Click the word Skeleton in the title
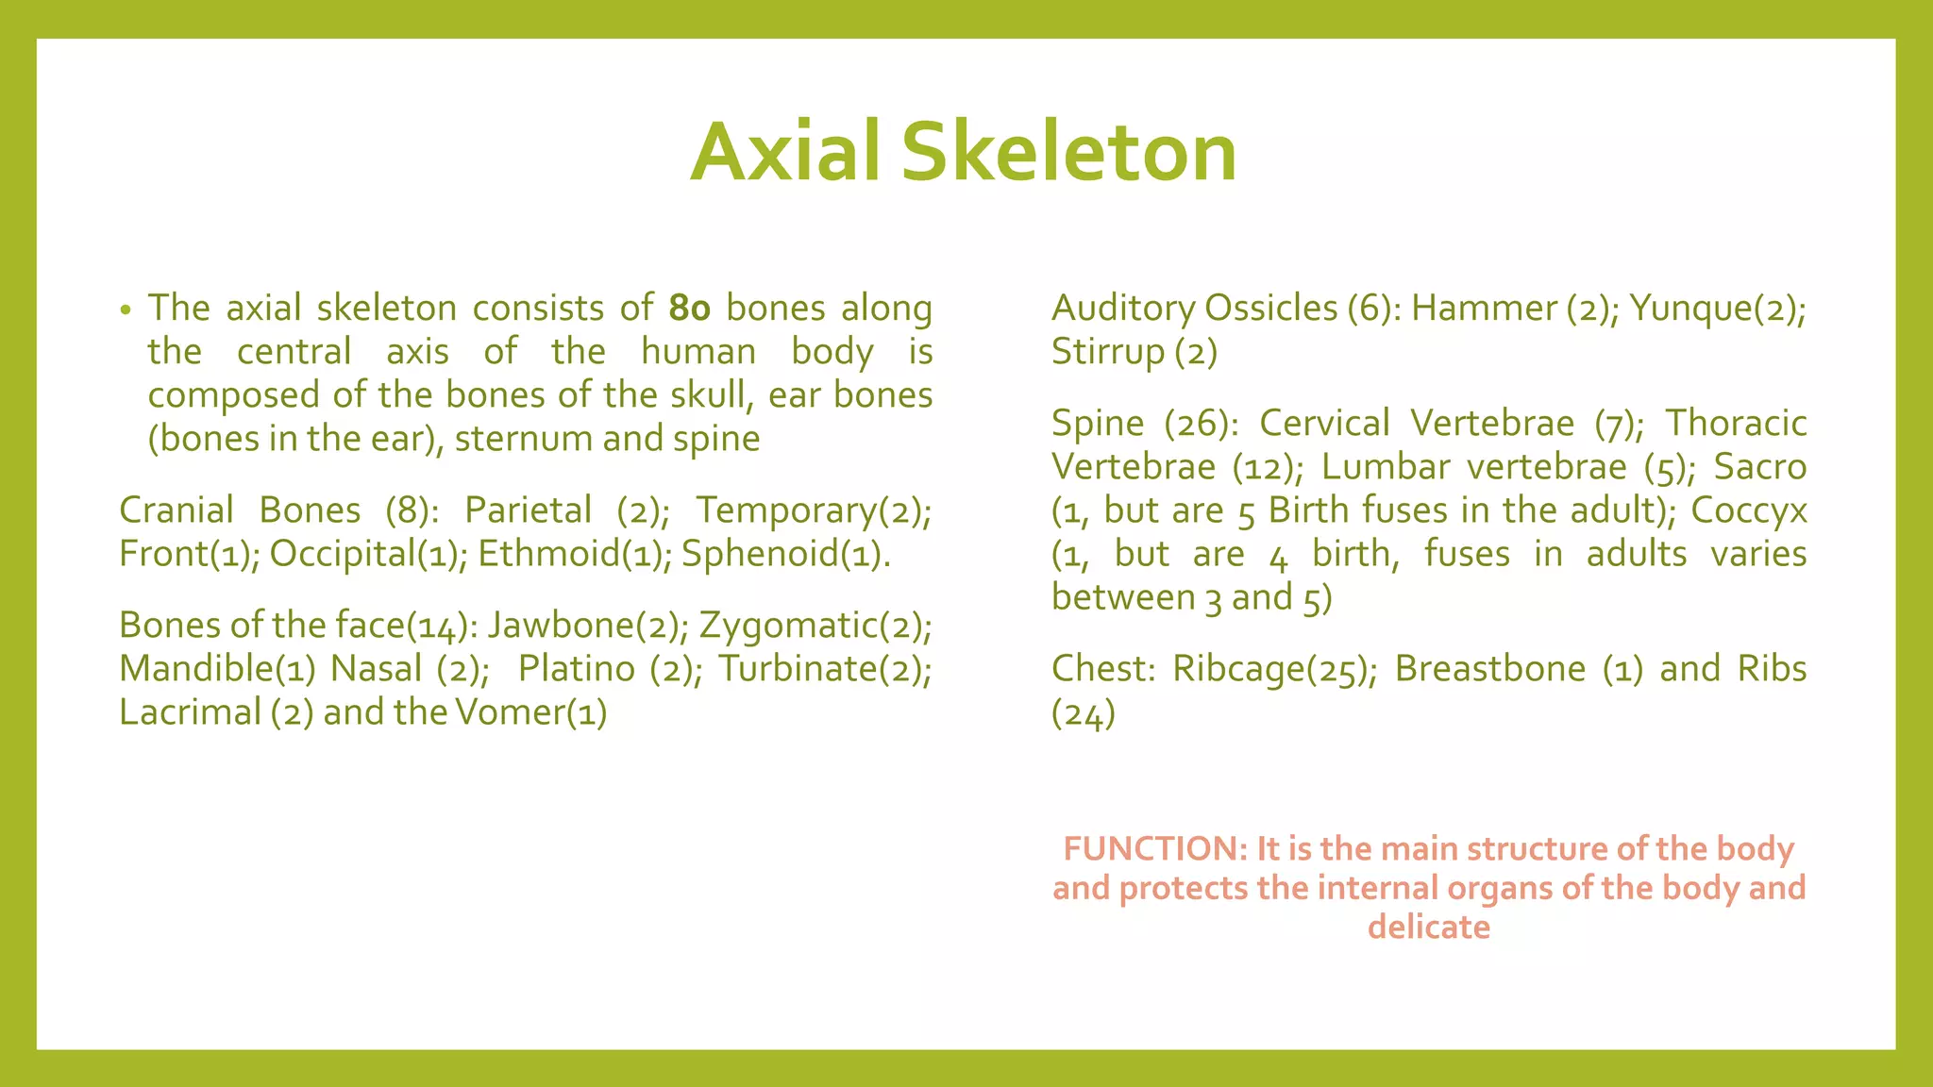click(x=1068, y=153)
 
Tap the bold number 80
click(x=689, y=309)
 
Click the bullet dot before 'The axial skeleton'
click(x=126, y=311)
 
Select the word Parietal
click(x=528, y=510)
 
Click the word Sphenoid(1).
click(x=784, y=554)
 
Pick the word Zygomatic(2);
click(x=815, y=626)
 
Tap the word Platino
click(x=576, y=669)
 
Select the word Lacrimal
click(x=190, y=712)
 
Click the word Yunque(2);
click(x=1717, y=309)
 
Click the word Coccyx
click(x=1748, y=510)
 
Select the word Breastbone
click(x=1489, y=669)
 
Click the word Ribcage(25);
click(x=1274, y=669)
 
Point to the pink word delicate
click(x=1428, y=928)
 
